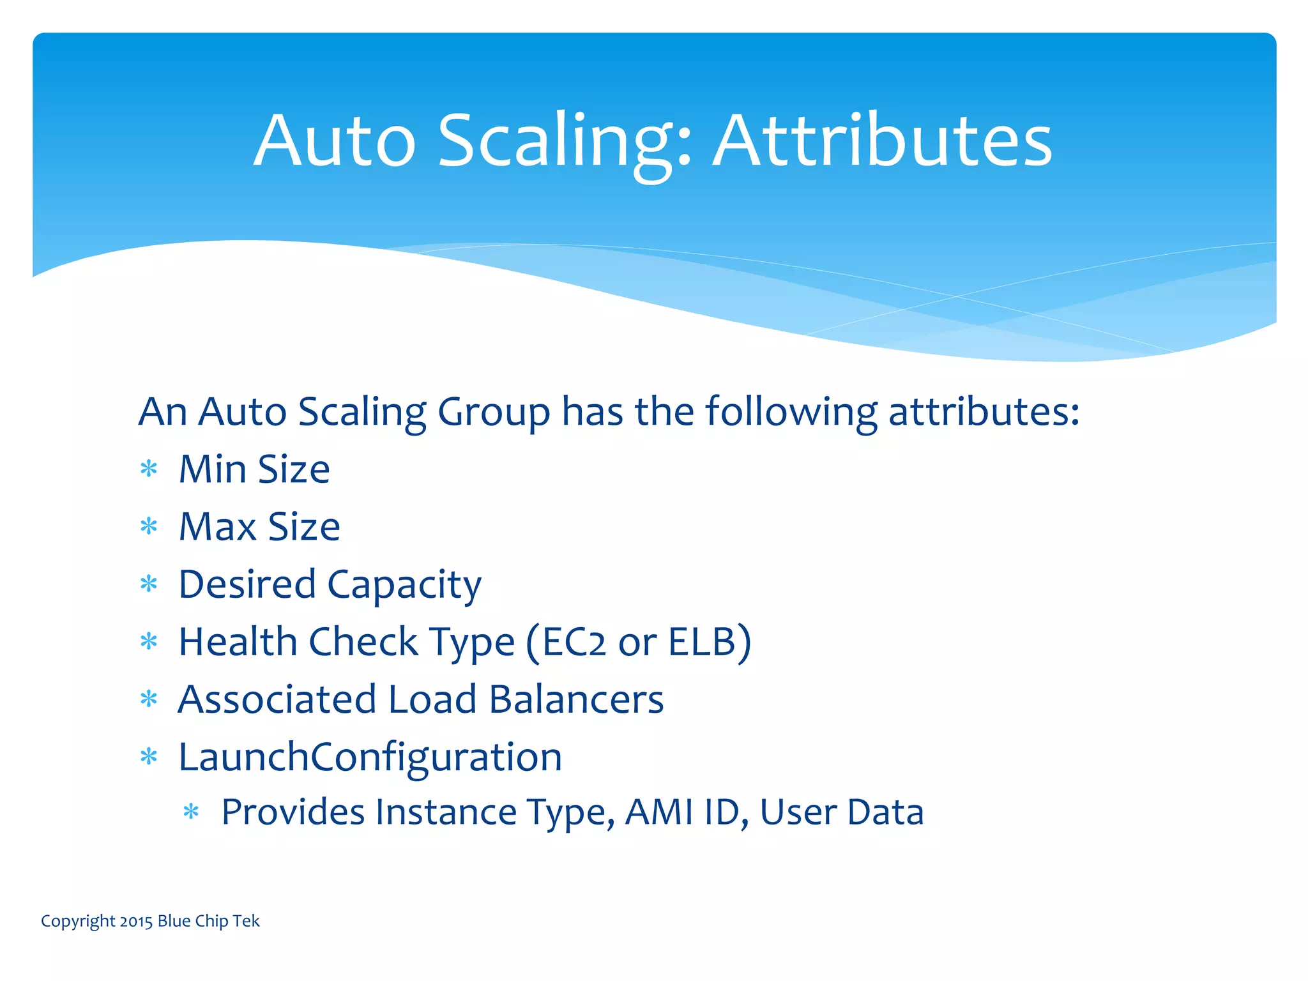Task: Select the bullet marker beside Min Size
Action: [x=149, y=469]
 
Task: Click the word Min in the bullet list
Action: [x=212, y=469]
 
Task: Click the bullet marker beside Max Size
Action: [x=149, y=527]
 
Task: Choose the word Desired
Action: [x=247, y=584]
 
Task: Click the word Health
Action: [x=238, y=642]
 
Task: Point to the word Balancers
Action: [x=576, y=699]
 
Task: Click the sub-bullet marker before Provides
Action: [x=191, y=812]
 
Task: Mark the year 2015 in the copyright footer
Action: [x=135, y=921]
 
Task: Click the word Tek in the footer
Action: [x=246, y=921]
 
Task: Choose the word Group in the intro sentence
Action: [x=494, y=412]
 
